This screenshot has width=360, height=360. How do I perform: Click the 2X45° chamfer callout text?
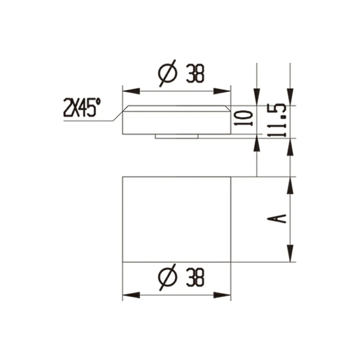tap(81, 108)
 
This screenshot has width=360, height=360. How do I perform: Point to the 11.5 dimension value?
tap(279, 120)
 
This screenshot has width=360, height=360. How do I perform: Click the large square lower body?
tap(176, 219)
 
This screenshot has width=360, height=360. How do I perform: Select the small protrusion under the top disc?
tap(176, 136)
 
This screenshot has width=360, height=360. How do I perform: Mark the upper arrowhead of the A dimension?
tap(291, 184)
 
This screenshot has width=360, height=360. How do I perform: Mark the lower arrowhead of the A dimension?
tap(291, 254)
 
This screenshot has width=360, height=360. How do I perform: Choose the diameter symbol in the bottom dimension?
tap(167, 278)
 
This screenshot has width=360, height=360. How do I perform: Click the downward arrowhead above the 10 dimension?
tap(256, 97)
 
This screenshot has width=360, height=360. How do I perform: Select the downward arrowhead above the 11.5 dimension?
tap(291, 97)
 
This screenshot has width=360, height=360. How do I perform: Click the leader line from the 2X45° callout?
tap(108, 121)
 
